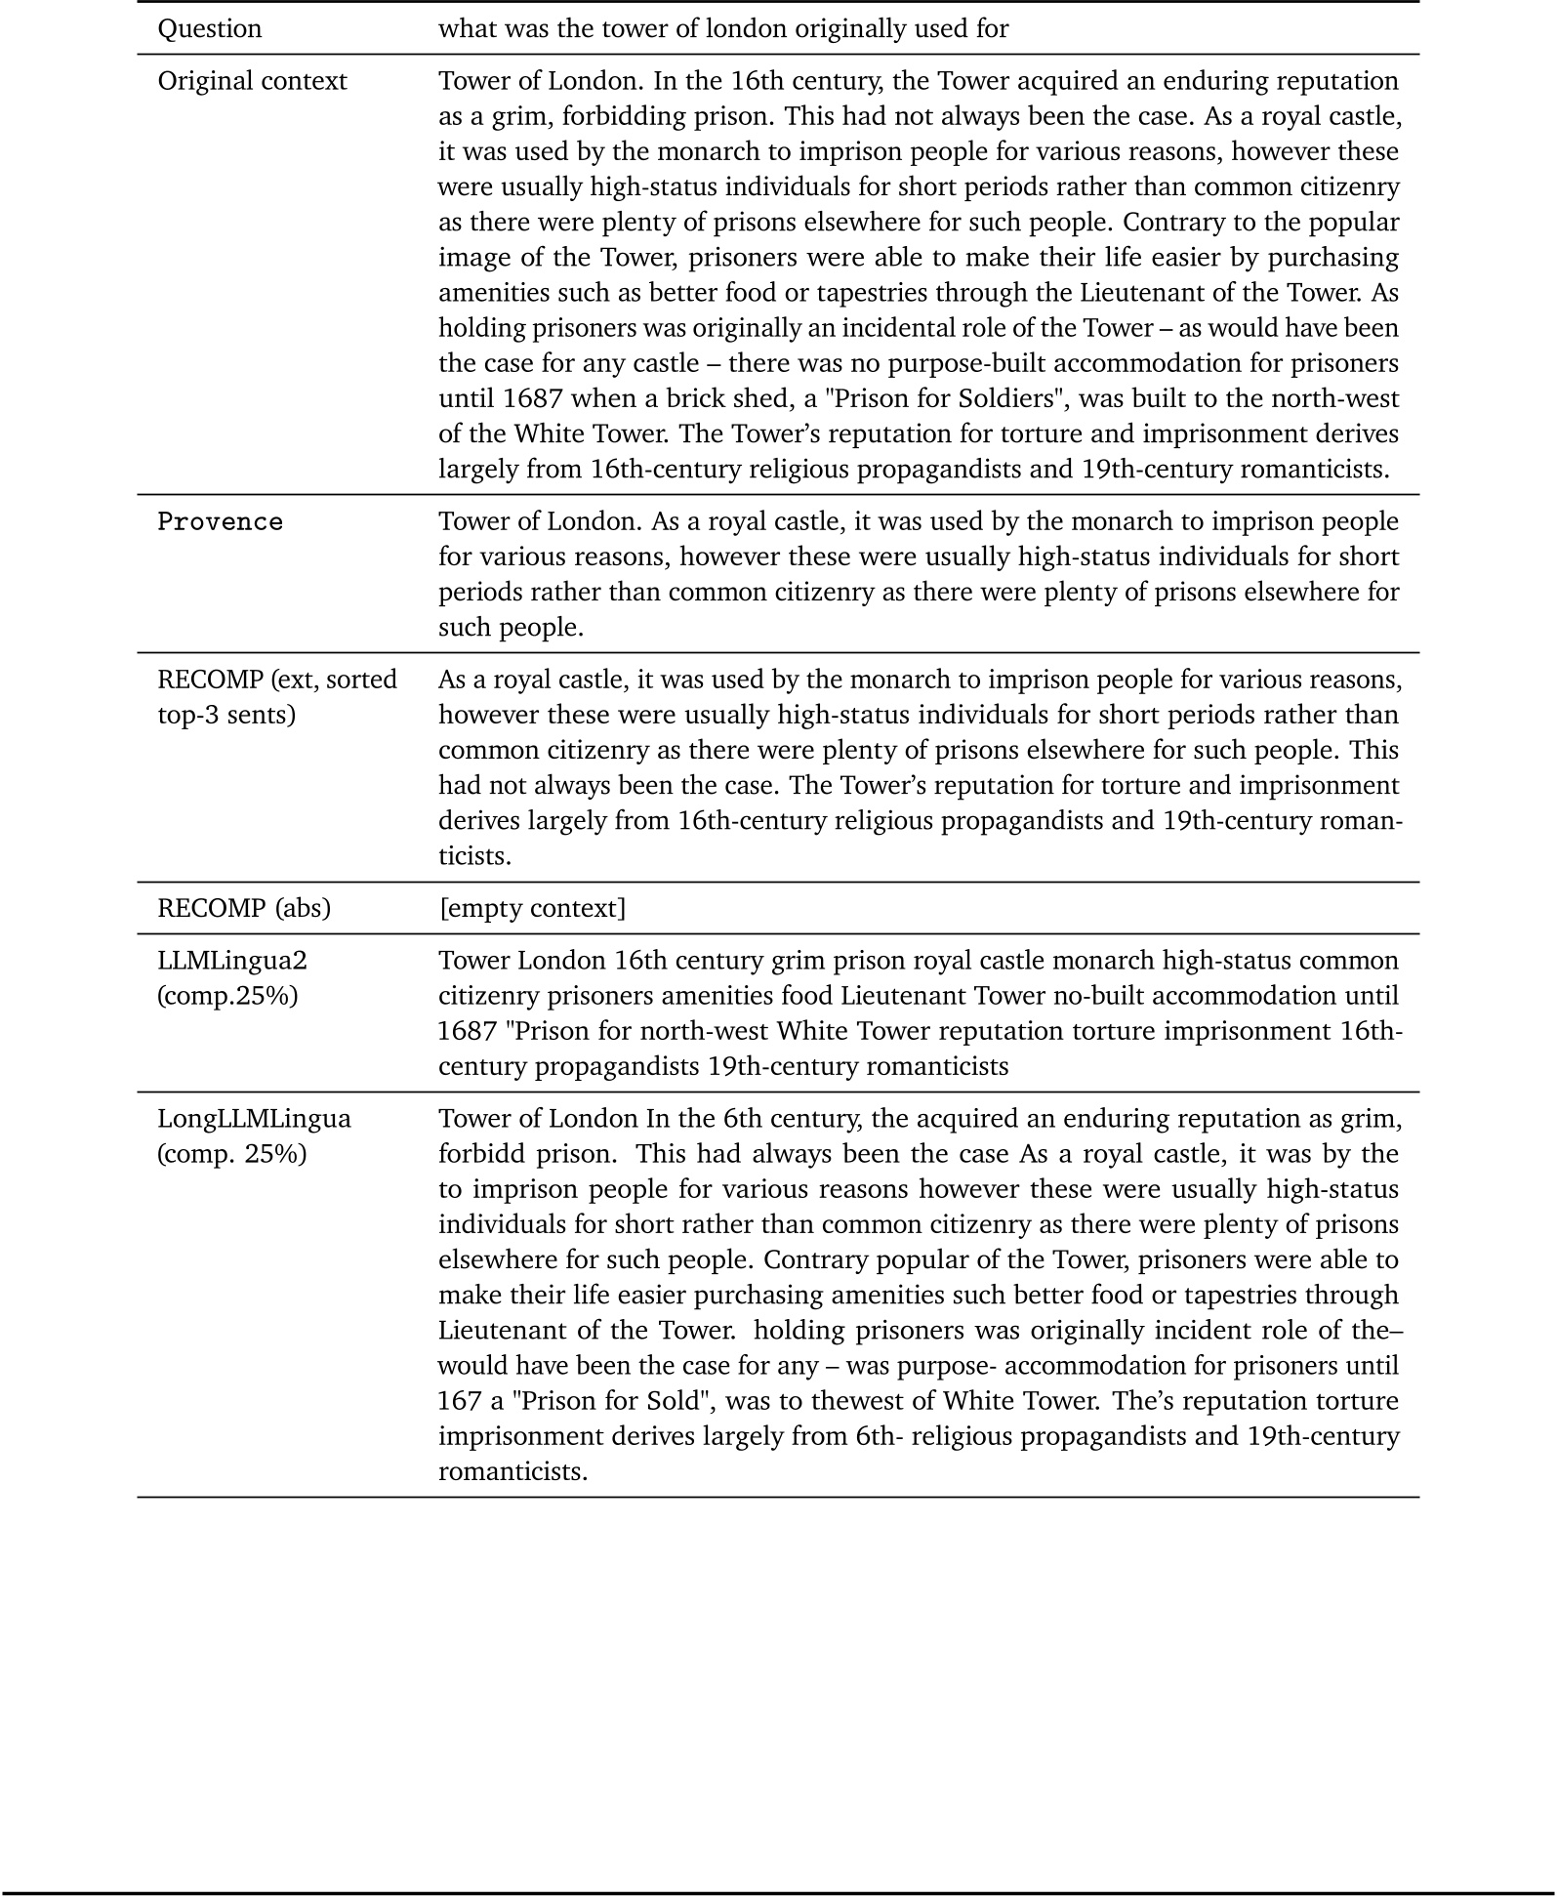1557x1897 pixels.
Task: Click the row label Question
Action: (x=210, y=28)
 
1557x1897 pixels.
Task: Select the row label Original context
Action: (x=252, y=81)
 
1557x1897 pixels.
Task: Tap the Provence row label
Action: (x=220, y=522)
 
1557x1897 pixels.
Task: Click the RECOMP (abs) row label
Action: (x=244, y=908)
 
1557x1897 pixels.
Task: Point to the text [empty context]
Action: (x=532, y=908)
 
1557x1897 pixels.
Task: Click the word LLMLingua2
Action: (x=232, y=961)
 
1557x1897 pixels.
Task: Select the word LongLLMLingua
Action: (x=254, y=1119)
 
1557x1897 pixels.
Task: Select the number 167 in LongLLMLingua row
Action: (x=460, y=1401)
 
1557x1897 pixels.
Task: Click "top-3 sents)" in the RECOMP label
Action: (x=225, y=715)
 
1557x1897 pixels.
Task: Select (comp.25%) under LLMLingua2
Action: (x=227, y=996)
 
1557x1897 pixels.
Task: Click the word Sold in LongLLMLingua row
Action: (x=673, y=1401)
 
